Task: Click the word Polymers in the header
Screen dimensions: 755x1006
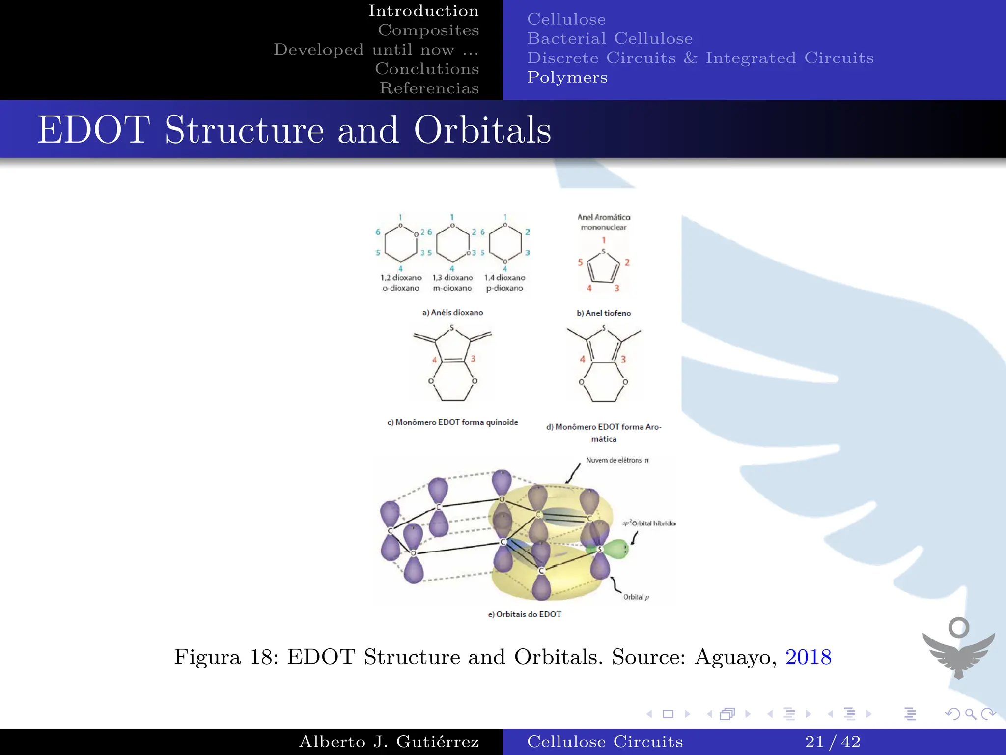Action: [x=567, y=77]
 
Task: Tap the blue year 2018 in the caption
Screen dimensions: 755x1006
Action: [x=808, y=657]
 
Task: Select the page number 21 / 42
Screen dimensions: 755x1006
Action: [x=833, y=741]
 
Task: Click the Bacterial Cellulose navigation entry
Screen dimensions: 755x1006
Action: [x=610, y=38]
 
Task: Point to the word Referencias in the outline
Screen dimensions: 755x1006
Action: [x=429, y=88]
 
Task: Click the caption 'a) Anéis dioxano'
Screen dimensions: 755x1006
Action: [x=452, y=313]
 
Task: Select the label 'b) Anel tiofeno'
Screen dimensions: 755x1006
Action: [x=604, y=313]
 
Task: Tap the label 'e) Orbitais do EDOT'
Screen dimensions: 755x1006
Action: [x=524, y=614]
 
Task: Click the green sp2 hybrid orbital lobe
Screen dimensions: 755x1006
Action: [x=616, y=549]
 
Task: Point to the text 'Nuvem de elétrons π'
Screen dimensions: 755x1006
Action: [x=617, y=460]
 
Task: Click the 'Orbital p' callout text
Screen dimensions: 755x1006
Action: [x=636, y=597]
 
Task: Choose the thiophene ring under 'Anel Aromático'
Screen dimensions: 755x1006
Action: [x=604, y=267]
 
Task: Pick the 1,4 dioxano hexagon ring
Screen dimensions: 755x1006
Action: [x=505, y=244]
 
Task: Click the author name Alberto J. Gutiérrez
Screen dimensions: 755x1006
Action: [x=389, y=741]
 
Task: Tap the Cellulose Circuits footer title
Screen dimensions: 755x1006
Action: [x=605, y=741]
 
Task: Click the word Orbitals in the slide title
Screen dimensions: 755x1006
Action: [x=482, y=130]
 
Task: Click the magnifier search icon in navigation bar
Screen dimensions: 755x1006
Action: [x=970, y=714]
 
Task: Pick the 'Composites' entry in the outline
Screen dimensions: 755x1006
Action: [x=428, y=30]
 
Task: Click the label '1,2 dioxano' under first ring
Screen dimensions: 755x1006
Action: [x=401, y=278]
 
